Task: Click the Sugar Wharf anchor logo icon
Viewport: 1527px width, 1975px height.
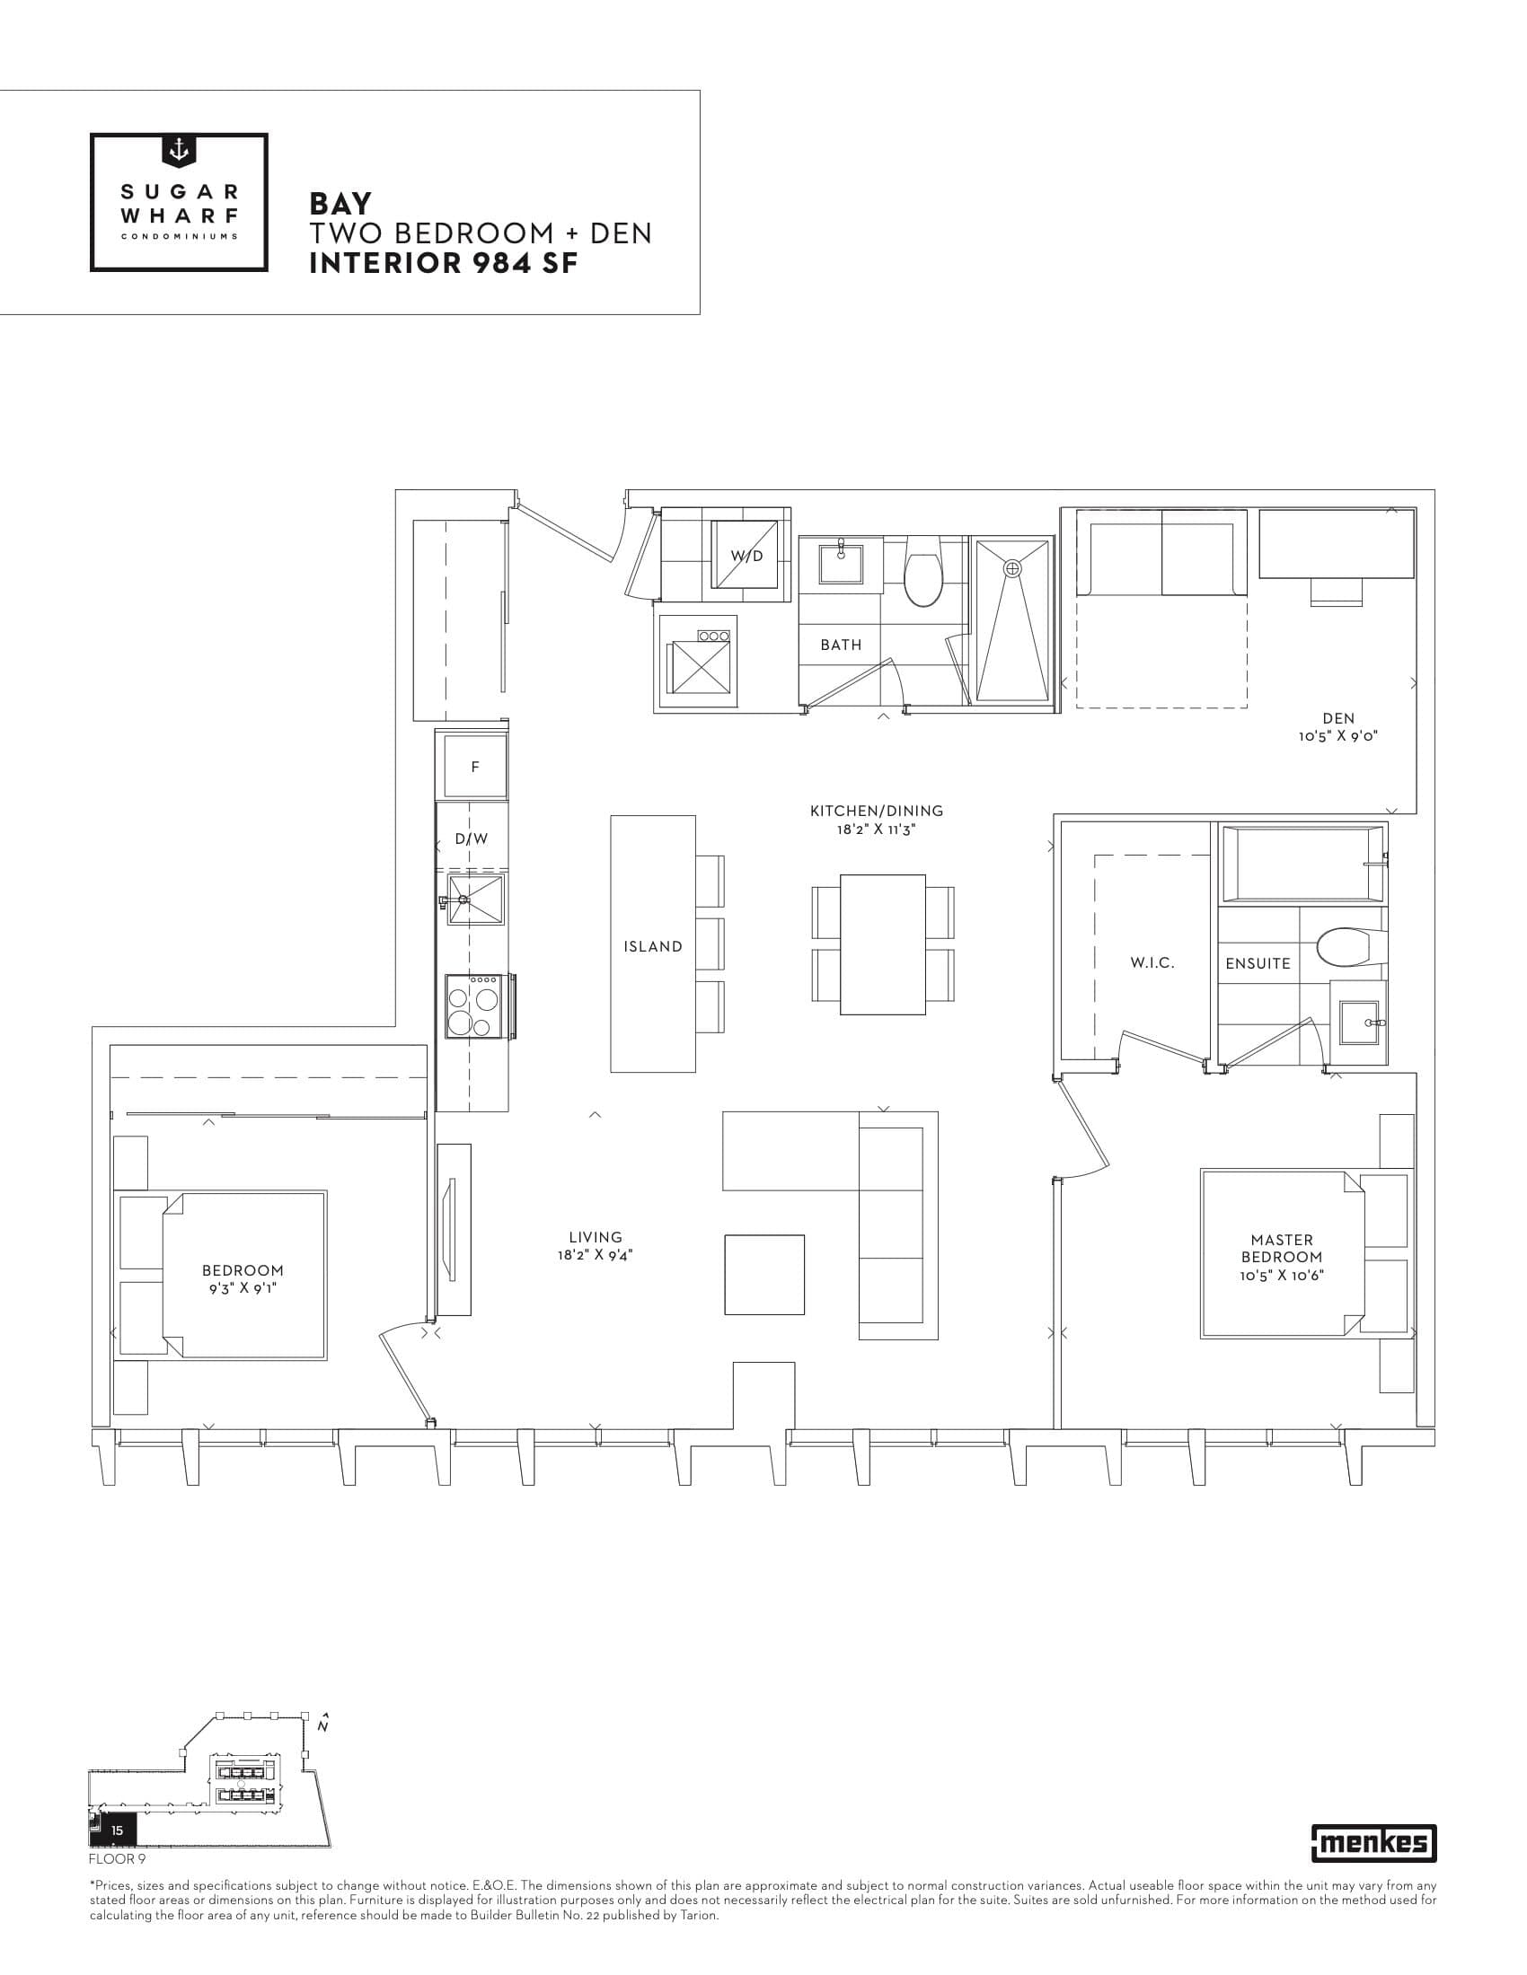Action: tap(179, 151)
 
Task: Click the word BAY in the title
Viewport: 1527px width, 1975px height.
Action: tap(340, 203)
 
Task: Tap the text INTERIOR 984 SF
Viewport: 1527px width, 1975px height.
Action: tap(443, 264)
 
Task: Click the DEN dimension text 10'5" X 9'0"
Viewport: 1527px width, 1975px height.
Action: tap(1338, 736)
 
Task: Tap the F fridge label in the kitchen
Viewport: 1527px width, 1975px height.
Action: tap(475, 767)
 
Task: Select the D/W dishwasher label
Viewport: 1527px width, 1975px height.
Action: tap(472, 838)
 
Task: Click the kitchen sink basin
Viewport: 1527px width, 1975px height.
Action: tap(475, 899)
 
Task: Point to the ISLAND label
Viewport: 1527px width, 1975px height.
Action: tap(652, 946)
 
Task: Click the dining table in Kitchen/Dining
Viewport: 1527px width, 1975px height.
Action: tap(882, 944)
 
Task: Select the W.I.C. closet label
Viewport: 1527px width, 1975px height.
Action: tap(1152, 963)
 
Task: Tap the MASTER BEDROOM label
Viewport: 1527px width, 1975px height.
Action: tap(1281, 1248)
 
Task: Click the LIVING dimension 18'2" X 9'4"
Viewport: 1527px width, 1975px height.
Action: tap(596, 1254)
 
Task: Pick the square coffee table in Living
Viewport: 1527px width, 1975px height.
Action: tap(763, 1274)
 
